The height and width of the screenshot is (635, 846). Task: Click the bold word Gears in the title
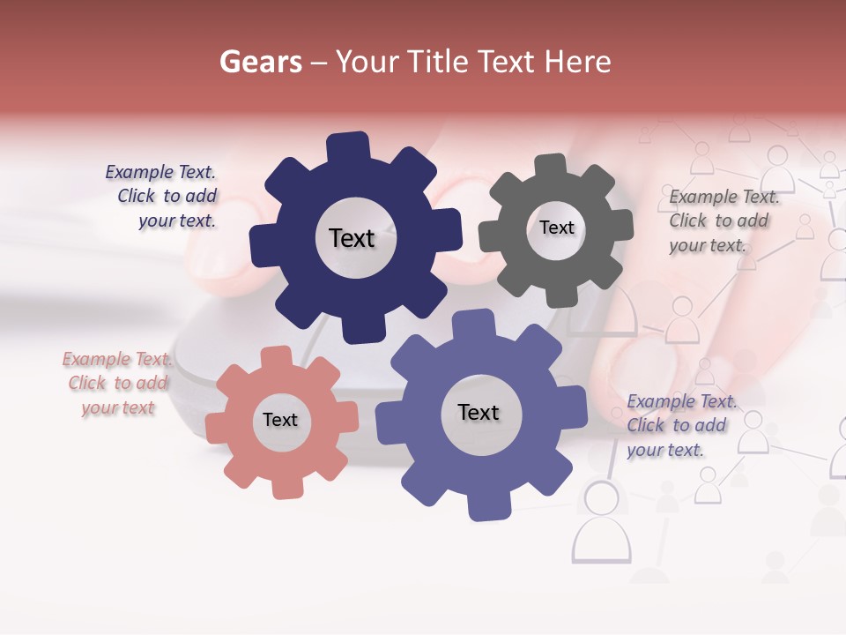260,62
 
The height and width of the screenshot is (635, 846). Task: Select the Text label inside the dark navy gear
352,238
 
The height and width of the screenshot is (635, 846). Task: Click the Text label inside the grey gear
556,228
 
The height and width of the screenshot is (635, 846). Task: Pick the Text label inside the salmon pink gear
280,421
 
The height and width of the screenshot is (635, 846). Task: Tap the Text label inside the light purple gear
479,413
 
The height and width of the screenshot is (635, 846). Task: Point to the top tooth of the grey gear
551,168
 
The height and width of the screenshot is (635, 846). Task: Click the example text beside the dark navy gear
163,197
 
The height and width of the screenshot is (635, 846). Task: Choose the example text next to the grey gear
722,220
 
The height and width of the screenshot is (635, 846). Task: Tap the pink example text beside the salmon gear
117,384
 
